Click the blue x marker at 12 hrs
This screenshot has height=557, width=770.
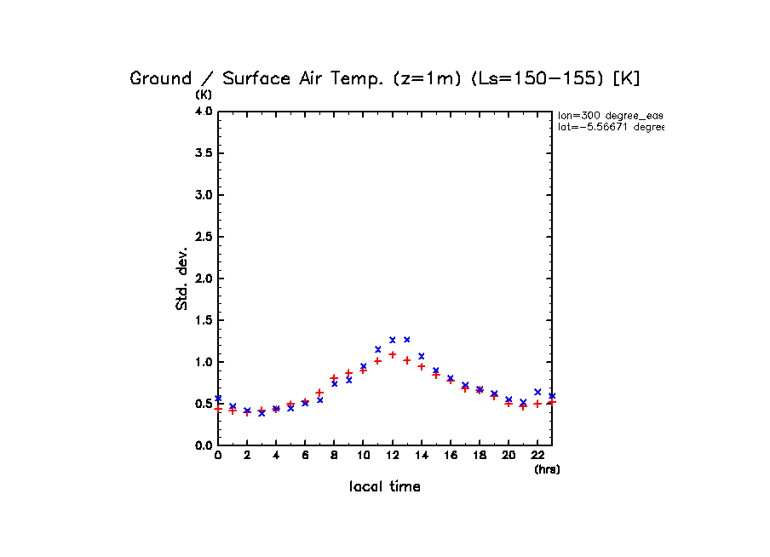(x=393, y=340)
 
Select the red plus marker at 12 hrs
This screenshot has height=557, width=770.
(x=393, y=354)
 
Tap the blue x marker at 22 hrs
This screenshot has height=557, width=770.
(x=537, y=392)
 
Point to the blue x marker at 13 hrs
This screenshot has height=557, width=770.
(x=407, y=340)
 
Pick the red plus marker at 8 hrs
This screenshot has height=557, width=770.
(x=334, y=377)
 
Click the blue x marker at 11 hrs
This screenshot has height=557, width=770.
(x=378, y=349)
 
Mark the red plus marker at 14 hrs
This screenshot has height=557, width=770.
(x=422, y=366)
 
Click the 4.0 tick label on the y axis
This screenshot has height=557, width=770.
(x=203, y=112)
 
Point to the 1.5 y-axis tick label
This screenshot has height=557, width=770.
(x=203, y=320)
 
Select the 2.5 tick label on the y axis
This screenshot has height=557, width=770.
(x=203, y=237)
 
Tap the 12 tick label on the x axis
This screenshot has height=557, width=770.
(x=393, y=456)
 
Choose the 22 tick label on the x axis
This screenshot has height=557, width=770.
(x=537, y=456)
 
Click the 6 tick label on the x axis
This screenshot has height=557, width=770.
(x=305, y=456)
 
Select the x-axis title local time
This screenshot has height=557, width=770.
(x=385, y=487)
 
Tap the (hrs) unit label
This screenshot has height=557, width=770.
(x=547, y=469)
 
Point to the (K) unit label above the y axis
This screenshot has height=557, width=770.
(x=204, y=94)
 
